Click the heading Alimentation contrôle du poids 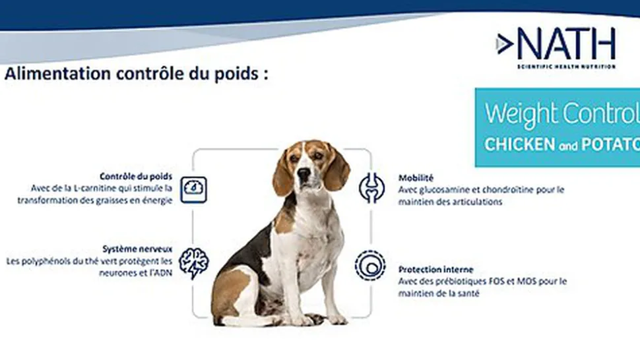(x=137, y=73)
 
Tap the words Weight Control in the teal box (x=561, y=114)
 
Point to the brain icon (x=194, y=262)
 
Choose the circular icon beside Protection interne (x=369, y=265)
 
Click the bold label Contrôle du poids (x=136, y=177)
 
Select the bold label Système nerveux (x=138, y=249)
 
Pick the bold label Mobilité (x=416, y=178)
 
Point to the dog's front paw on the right (x=337, y=318)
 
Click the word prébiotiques (x=461, y=282)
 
